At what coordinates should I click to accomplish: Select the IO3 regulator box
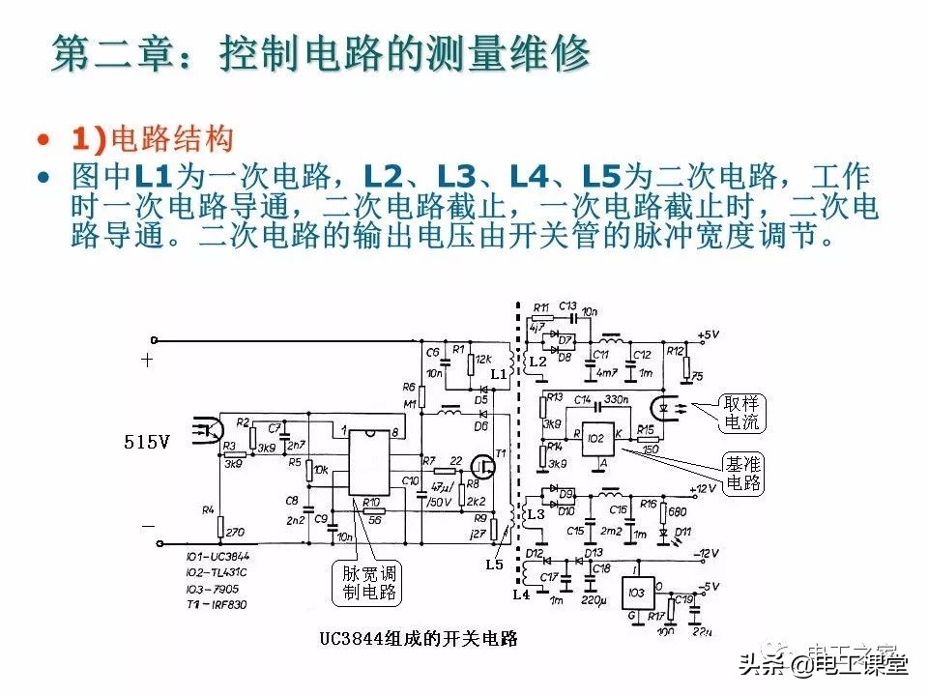tap(635, 592)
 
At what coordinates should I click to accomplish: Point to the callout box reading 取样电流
tap(741, 413)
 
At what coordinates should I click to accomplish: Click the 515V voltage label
tap(147, 443)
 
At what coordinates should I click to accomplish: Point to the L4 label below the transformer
tap(521, 594)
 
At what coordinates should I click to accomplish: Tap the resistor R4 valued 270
tap(220, 528)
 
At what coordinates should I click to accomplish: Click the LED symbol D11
tap(665, 533)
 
